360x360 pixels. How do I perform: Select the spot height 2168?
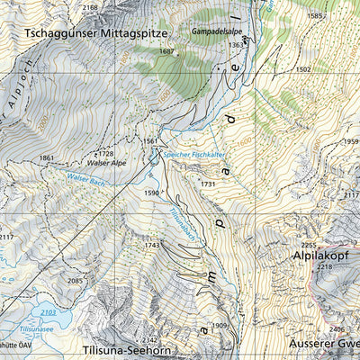[90, 7]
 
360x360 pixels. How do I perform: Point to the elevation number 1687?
[166, 52]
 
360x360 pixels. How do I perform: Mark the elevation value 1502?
[302, 69]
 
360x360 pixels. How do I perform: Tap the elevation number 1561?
[150, 141]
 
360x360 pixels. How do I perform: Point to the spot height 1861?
[47, 158]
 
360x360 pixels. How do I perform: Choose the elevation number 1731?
[209, 184]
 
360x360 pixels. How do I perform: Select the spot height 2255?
[309, 245]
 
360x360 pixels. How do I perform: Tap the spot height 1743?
[151, 245]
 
